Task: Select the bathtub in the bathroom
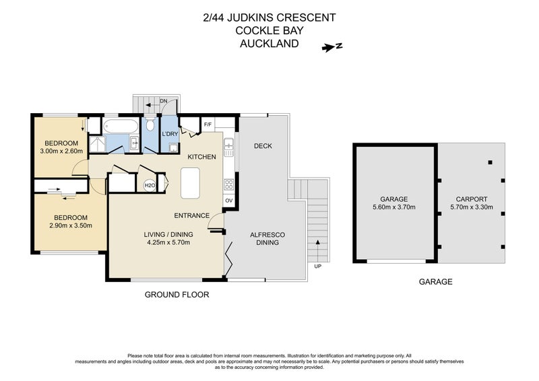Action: (122, 127)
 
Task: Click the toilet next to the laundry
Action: (151, 125)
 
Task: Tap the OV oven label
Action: (228, 201)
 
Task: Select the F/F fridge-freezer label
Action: (208, 124)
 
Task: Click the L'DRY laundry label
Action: (170, 134)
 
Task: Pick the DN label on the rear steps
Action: (163, 101)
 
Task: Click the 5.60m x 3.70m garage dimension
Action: (394, 207)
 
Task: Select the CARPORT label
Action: (471, 199)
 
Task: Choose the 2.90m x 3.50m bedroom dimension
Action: (71, 226)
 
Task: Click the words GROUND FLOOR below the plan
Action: (177, 295)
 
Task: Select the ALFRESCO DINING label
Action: (268, 238)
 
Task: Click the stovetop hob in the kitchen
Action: (229, 183)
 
